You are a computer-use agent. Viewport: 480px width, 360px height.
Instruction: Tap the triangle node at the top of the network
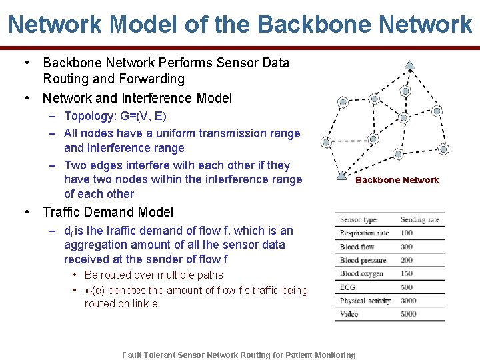[x=410, y=65]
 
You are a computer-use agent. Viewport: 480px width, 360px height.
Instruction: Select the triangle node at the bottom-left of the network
[x=341, y=177]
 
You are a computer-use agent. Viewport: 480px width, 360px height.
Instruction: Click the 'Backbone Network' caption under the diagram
[x=397, y=180]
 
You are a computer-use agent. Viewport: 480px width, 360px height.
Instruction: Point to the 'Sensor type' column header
[x=358, y=220]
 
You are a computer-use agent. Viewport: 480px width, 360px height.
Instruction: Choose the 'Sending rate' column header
[x=420, y=220]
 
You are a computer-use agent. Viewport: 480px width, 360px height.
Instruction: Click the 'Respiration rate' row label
[x=364, y=233]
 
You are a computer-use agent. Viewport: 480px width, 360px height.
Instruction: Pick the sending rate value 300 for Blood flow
[x=407, y=247]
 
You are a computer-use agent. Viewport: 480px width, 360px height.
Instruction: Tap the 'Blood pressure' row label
[x=363, y=260]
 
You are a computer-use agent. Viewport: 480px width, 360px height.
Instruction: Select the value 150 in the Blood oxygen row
[x=407, y=273]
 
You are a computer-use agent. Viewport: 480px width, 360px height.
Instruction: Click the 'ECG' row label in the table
[x=347, y=287]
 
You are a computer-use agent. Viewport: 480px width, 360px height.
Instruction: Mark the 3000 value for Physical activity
[x=409, y=301]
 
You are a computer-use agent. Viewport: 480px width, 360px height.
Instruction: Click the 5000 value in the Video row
[x=409, y=314]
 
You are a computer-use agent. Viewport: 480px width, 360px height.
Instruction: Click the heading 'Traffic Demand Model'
[x=107, y=212]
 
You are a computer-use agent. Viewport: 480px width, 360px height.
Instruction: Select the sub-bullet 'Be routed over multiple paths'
[x=153, y=275]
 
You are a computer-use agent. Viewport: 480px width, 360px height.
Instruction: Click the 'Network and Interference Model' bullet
[x=137, y=98]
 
